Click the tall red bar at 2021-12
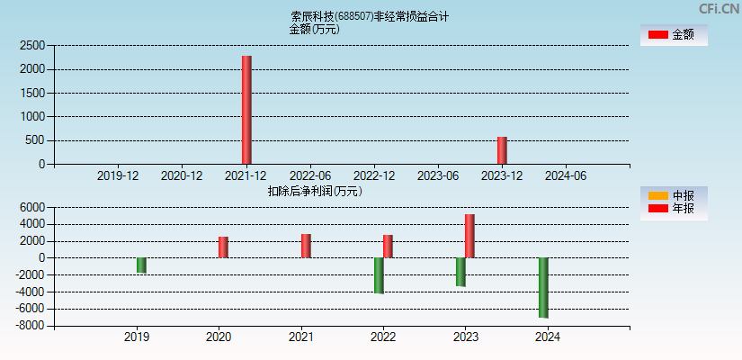[x=246, y=110]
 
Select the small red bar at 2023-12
[x=502, y=150]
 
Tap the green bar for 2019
[x=141, y=265]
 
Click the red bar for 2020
[x=223, y=247]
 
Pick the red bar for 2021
[x=306, y=246]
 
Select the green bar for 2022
[x=379, y=275]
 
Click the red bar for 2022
[x=388, y=247]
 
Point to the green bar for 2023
[x=460, y=272]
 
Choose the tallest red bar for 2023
[x=469, y=236]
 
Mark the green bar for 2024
[x=543, y=287]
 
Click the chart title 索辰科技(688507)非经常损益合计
[x=369, y=16]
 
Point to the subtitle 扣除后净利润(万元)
[x=314, y=191]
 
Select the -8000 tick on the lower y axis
[x=30, y=326]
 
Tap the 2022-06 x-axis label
[x=309, y=175]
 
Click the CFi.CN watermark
[x=719, y=9]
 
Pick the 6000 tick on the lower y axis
[x=32, y=207]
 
